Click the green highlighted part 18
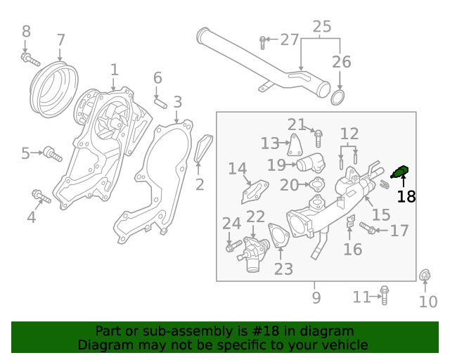(401, 171)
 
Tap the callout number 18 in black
(406, 197)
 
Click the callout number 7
(60, 40)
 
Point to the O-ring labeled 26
(337, 96)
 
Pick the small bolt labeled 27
(262, 41)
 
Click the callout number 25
(321, 27)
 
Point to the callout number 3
(177, 103)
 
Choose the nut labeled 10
(425, 276)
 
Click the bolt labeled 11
(384, 295)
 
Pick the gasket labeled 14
(255, 191)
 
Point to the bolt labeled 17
(368, 228)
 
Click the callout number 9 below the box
(316, 298)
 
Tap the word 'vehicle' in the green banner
(343, 345)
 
